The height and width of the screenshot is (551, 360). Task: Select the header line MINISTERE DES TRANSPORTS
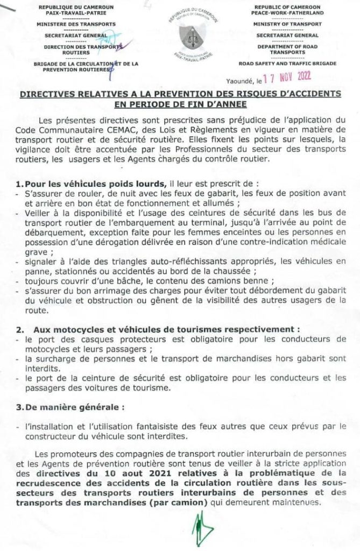[76, 24]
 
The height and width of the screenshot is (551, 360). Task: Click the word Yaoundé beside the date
[239, 81]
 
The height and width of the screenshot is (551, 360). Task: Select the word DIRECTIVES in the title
[50, 94]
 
